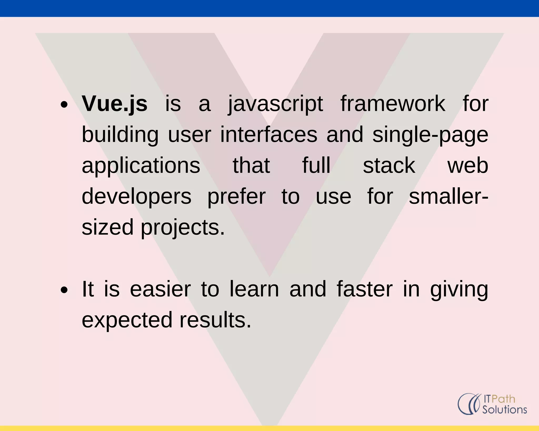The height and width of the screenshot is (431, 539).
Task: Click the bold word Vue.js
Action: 114,104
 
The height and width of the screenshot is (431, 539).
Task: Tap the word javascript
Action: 275,104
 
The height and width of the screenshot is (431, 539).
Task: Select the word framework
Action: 393,104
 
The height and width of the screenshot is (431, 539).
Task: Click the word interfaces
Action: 269,135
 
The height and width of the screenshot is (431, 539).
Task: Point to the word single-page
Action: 430,135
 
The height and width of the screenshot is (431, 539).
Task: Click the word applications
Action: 141,166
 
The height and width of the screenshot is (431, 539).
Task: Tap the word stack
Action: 389,166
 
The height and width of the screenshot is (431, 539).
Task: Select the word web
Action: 468,166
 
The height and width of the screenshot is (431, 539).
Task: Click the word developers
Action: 137,197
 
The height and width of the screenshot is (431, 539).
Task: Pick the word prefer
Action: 236,197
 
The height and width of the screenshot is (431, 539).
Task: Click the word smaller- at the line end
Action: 448,197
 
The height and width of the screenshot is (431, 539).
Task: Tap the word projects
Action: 183,228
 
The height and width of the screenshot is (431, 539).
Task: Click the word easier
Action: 160,289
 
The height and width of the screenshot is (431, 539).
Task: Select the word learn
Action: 254,289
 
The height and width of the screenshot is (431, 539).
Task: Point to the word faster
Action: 365,289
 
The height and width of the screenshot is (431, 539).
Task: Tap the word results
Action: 215,320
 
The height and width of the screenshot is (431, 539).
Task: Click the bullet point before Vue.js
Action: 64,105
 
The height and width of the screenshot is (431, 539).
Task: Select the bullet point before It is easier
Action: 64,290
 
